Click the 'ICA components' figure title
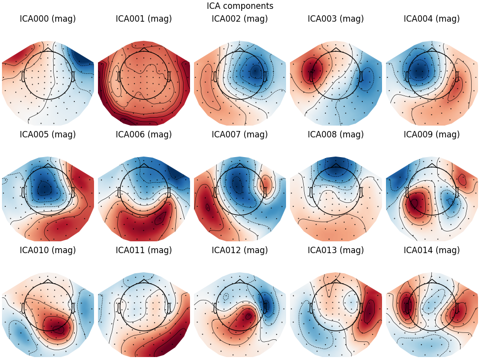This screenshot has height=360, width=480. pos(240,6)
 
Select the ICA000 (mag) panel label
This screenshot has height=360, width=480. pos(48,19)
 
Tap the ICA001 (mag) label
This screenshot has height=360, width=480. pos(144,19)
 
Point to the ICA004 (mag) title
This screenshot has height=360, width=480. pos(432,19)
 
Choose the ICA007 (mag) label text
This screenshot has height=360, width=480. pos(240,134)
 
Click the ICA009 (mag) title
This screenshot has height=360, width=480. pos(432,134)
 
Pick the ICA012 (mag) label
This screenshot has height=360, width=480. pos(240,250)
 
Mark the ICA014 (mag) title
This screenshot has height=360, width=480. pos(432,250)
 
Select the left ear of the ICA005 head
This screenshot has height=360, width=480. pos(23,192)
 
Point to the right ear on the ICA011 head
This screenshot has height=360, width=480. pos(169,308)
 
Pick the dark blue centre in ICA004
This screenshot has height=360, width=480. pos(419,70)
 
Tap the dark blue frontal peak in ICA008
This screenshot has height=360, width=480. pos(336,162)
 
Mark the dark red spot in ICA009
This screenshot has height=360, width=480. pos(414,203)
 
